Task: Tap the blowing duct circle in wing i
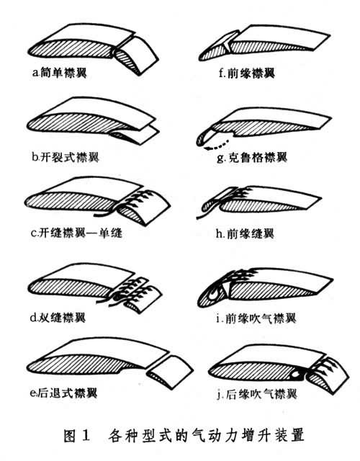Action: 215,293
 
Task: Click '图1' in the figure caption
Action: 77,435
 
